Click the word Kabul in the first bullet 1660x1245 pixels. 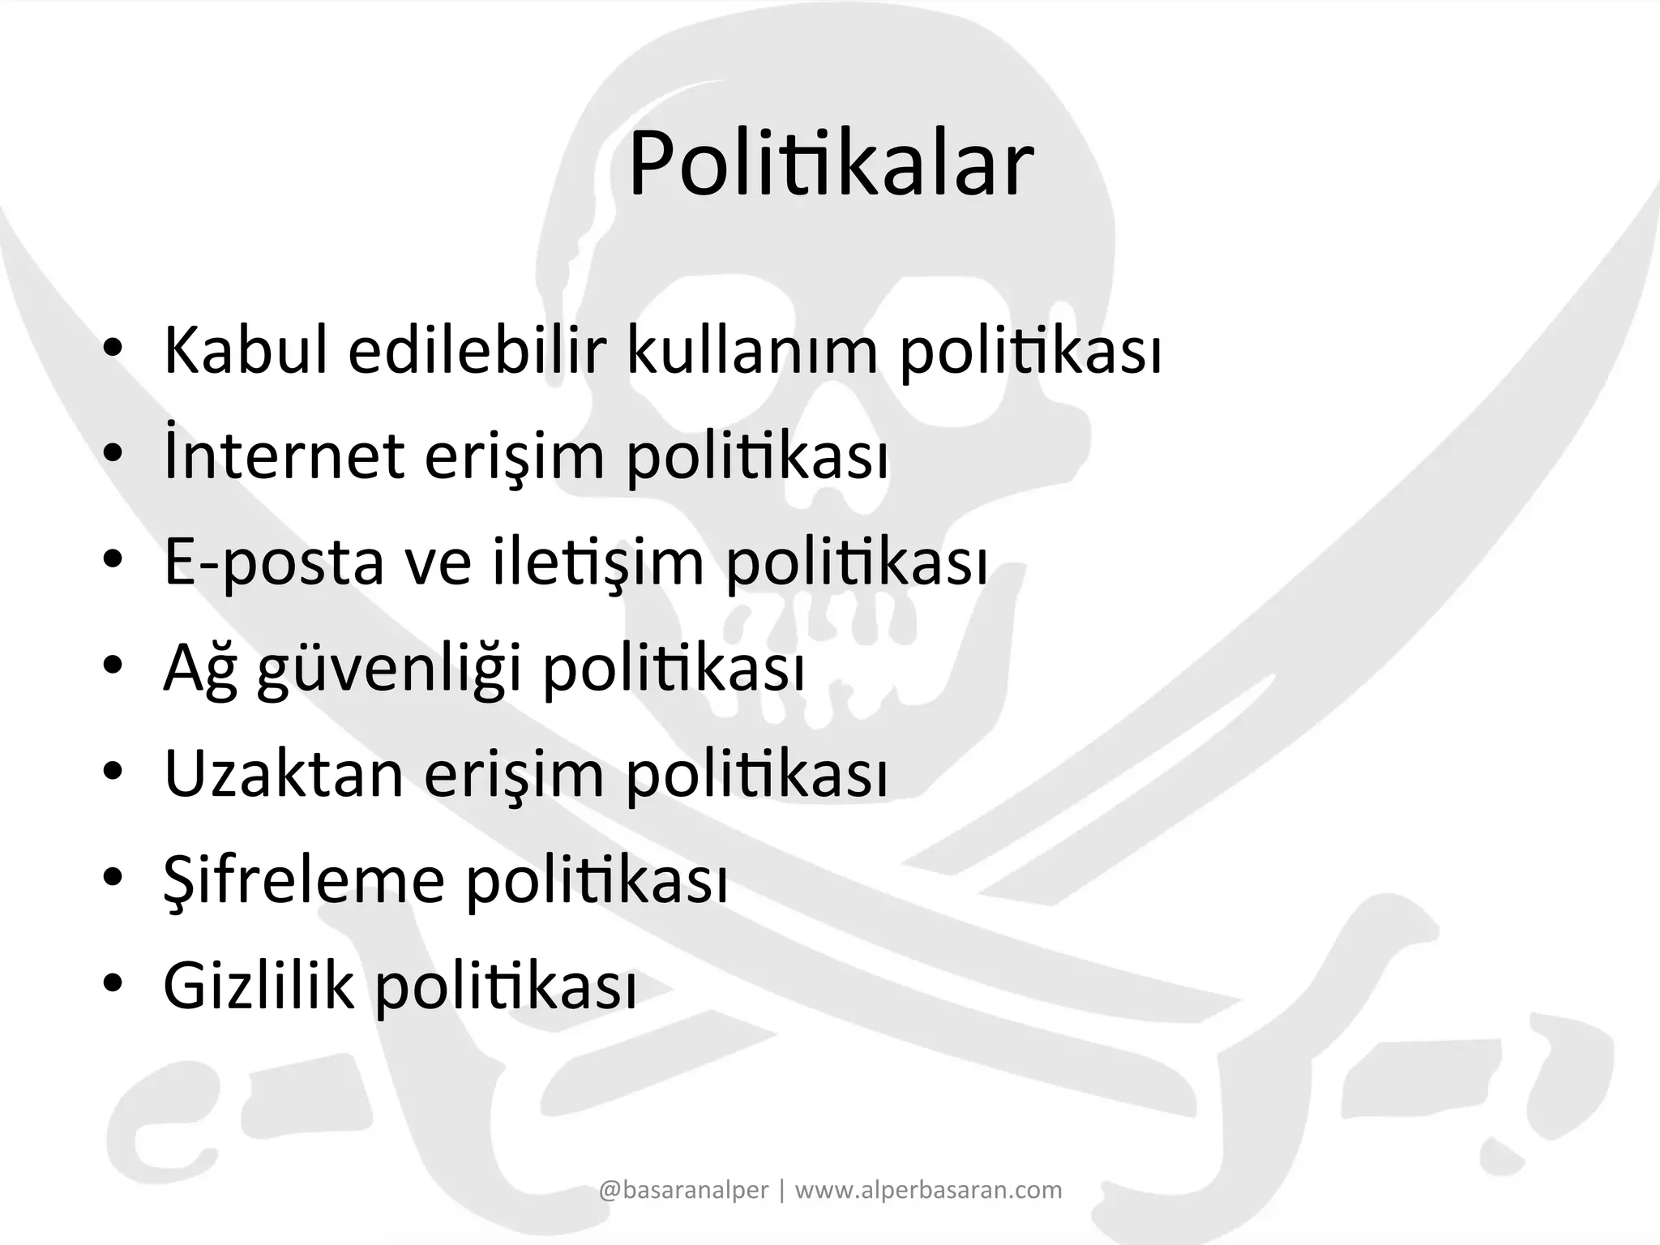(246, 351)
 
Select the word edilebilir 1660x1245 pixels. (477, 351)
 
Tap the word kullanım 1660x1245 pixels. (752, 351)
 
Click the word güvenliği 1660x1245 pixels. (389, 669)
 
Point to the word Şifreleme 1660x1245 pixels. (304, 880)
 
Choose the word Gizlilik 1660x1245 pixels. (259, 986)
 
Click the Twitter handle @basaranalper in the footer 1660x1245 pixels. (683, 1190)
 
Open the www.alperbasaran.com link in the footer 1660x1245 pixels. (928, 1190)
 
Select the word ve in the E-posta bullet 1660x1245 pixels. (438, 563)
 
